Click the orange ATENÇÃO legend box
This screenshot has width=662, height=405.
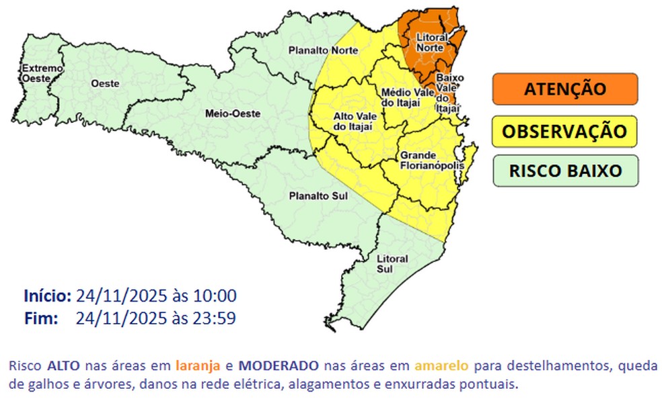click(564, 89)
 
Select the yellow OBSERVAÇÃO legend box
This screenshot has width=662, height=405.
click(564, 130)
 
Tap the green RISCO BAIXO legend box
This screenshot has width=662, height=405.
click(564, 171)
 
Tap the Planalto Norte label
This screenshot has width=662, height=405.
click(322, 50)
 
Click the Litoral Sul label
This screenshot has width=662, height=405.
click(392, 263)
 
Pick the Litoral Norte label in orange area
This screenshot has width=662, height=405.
click(429, 43)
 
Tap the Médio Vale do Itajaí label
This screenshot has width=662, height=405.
click(409, 97)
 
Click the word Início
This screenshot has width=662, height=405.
click(47, 296)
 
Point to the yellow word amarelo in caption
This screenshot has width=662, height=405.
click(442, 366)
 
